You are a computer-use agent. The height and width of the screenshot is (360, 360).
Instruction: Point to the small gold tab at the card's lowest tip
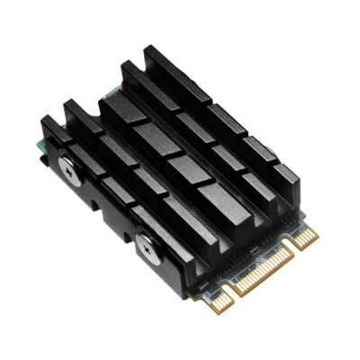tap(220, 301)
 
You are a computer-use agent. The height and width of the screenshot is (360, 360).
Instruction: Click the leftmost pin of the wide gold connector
tap(237, 290)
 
